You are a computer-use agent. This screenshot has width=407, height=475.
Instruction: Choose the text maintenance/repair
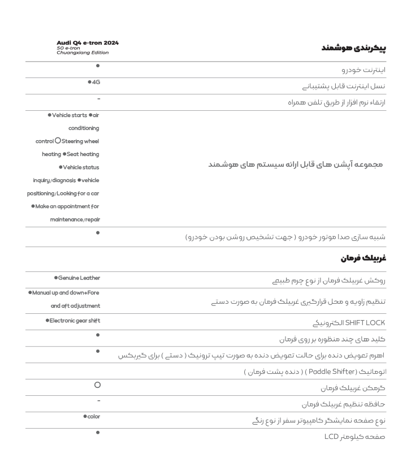tap(75, 216)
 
